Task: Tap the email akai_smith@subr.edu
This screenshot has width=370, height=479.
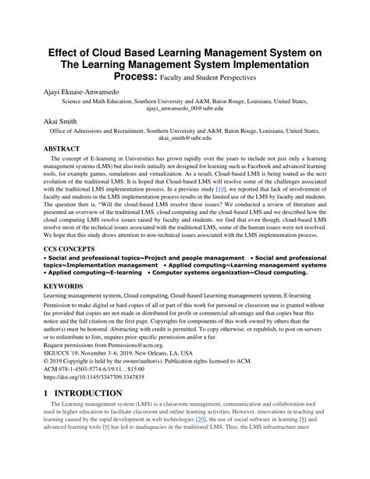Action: tap(185, 137)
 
